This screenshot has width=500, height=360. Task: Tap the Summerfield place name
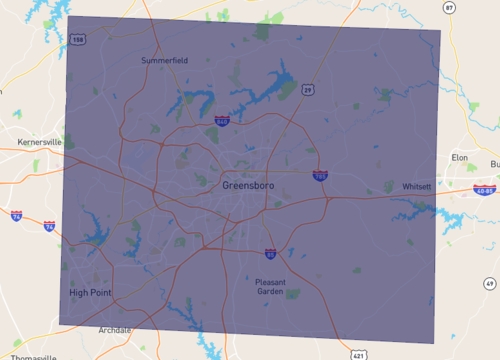point(164,61)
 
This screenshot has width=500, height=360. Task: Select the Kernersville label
point(39,143)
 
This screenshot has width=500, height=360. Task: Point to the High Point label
point(90,293)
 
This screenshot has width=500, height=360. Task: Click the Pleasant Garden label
point(270,287)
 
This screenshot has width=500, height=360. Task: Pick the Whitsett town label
point(416,187)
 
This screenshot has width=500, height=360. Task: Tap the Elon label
point(460,157)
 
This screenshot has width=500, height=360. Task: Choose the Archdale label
point(115,330)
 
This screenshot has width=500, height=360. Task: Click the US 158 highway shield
point(78,40)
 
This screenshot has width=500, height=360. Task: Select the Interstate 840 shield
point(221,121)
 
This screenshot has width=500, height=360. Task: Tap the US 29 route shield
point(309,90)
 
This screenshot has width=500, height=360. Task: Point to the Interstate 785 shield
point(320,175)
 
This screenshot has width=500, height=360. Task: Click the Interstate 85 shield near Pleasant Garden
point(271,254)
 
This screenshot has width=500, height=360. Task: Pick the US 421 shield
point(359,354)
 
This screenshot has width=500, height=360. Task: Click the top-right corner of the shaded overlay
point(441,31)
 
